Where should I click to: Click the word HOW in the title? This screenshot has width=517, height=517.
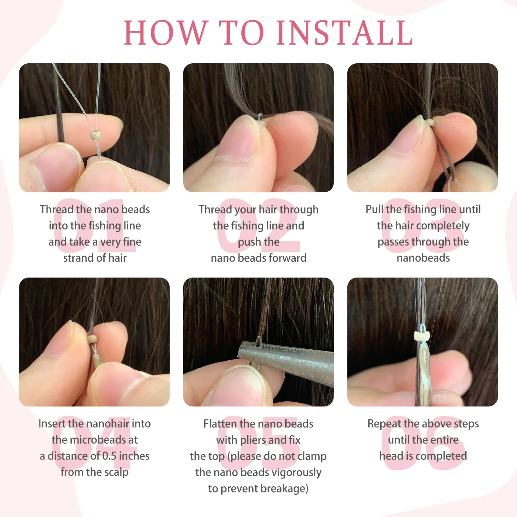tap(165, 33)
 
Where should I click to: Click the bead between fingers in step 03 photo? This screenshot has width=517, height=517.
tap(430, 122)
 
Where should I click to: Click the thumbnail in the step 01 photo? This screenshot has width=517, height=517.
tap(55, 168)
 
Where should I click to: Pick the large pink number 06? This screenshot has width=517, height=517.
tap(423, 443)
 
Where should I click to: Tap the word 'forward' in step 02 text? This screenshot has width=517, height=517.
tap(287, 258)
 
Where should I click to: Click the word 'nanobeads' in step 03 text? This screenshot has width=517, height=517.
tap(423, 258)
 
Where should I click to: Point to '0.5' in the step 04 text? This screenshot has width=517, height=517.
tap(109, 456)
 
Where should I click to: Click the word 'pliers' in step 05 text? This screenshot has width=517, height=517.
tap(253, 440)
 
